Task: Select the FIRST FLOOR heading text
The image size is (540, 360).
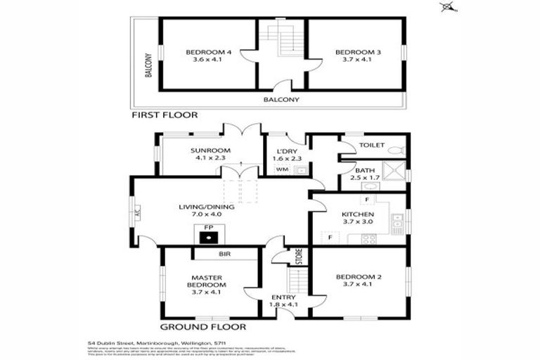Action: click(165, 114)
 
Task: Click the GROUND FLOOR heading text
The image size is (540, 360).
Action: click(203, 326)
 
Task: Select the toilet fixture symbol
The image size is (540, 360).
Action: click(397, 148)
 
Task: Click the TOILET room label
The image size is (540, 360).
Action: click(371, 146)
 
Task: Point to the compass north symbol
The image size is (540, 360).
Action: click(446, 7)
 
